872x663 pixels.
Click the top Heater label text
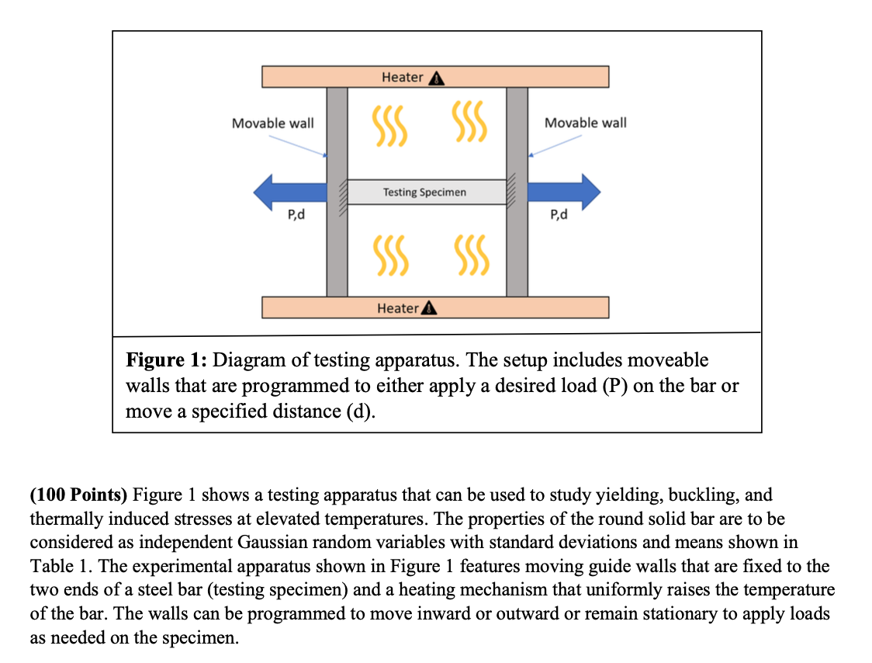[402, 77]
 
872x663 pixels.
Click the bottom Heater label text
[397, 308]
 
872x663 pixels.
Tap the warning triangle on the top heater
[436, 78]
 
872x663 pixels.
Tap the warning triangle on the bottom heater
[429, 308]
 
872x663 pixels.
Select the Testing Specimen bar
[424, 192]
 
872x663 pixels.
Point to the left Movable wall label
[272, 123]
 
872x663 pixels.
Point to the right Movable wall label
[585, 123]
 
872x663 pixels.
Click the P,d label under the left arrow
[296, 215]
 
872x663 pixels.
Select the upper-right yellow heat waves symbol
[469, 122]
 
